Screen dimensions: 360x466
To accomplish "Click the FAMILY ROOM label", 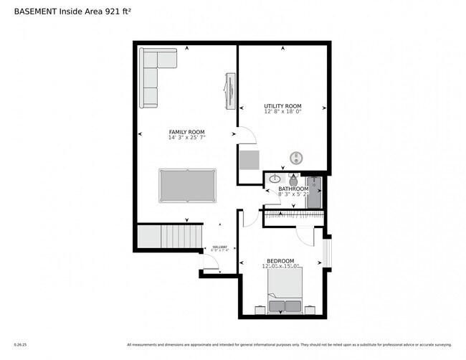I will point(186,132).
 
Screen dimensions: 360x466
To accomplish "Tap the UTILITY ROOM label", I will point(282,106).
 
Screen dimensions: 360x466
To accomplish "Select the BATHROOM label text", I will point(293,189).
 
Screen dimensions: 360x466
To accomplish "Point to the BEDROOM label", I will point(280,260).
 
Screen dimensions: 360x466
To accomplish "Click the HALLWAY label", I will point(219,247).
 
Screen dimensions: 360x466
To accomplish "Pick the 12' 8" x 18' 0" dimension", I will point(282,112).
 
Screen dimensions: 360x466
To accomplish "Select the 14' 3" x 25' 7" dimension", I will point(186,138).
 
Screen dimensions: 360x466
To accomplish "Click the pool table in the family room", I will point(187,185).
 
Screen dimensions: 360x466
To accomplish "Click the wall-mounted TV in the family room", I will point(229,91).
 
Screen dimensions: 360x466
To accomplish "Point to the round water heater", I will point(297,158).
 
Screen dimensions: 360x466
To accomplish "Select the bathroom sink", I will point(275,179).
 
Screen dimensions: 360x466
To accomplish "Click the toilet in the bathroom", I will point(293,179).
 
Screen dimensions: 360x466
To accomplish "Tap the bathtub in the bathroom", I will point(313,191).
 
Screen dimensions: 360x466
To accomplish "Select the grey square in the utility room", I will point(249,160).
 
